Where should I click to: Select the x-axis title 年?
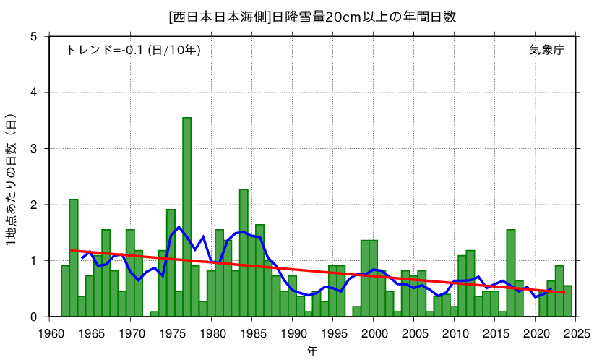click(x=311, y=351)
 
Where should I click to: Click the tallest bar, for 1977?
click(x=186, y=217)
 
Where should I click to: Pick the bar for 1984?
click(x=244, y=253)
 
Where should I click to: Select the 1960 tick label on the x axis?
click(x=50, y=333)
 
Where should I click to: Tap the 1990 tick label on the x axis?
click(x=293, y=333)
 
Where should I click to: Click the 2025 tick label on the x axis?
click(x=576, y=333)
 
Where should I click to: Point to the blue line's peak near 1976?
click(x=179, y=227)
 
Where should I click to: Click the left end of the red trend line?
click(x=72, y=251)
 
